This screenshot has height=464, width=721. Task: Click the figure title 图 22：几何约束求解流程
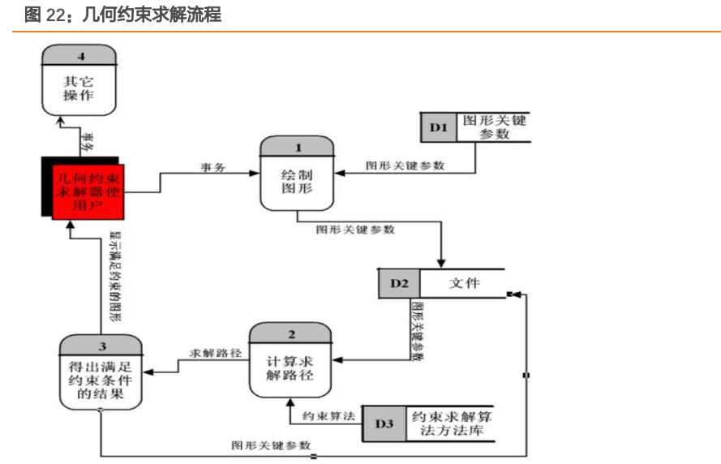[x=122, y=14]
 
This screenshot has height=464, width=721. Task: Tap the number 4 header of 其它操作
[x=80, y=55]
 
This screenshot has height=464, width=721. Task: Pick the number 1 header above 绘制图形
[x=297, y=147]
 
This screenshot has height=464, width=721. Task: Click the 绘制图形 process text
[x=297, y=183]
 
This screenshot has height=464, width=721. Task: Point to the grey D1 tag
[x=439, y=127]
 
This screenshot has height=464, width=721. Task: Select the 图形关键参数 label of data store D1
[x=494, y=127]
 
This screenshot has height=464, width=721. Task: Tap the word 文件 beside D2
[x=465, y=283]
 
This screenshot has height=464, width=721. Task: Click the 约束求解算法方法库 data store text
[x=452, y=423]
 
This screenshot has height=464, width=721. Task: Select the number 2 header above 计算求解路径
[x=291, y=333]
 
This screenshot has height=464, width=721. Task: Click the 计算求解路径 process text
[x=290, y=369]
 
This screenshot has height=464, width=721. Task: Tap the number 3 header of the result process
[x=103, y=346]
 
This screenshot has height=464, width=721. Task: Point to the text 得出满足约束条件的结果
[x=102, y=380]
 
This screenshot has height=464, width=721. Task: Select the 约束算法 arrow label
[x=329, y=415]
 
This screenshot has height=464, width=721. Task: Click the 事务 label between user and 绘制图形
[x=212, y=166]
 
